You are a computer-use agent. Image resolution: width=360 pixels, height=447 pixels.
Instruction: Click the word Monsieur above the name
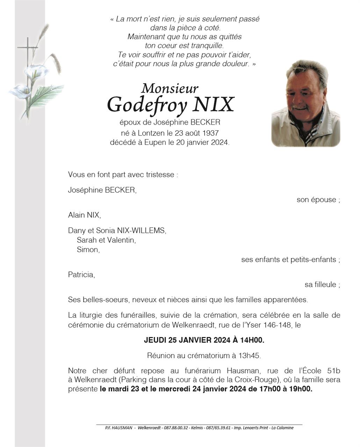tap(170, 88)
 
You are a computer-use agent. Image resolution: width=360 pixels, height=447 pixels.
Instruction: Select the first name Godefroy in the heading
tap(147, 104)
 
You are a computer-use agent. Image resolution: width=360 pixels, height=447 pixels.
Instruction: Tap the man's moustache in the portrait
tap(299, 106)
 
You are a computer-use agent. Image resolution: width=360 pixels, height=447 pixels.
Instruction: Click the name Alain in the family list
tap(77, 215)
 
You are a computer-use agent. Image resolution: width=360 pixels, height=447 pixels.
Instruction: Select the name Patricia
tap(81, 275)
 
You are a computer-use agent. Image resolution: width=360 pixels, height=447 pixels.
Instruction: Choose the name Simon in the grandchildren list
tap(88, 250)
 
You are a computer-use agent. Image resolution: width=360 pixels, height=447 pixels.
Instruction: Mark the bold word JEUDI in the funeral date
tap(155, 340)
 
